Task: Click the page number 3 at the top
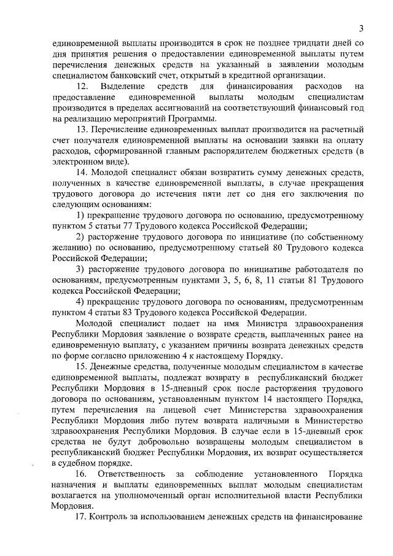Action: pyautogui.click(x=362, y=28)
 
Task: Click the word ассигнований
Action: pyautogui.click(x=181, y=108)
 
